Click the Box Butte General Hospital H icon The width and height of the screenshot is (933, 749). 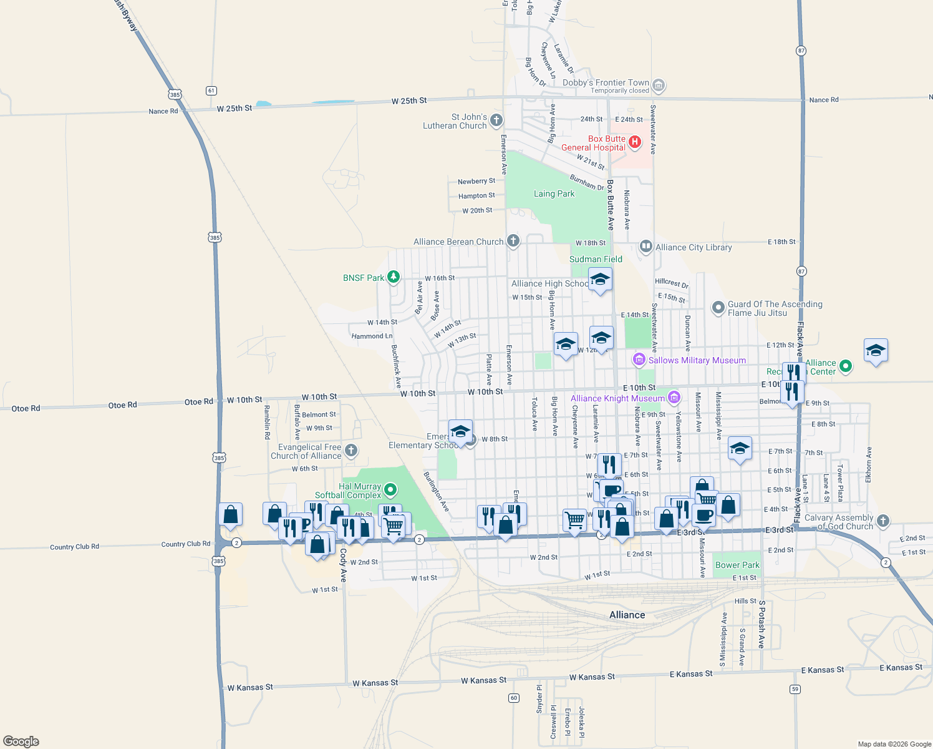(x=635, y=142)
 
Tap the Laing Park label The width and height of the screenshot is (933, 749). (x=554, y=194)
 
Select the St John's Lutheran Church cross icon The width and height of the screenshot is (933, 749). (x=496, y=120)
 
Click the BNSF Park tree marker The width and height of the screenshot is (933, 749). (x=394, y=277)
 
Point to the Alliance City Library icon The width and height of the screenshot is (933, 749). (x=646, y=247)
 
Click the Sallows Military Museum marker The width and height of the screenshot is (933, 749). (x=639, y=360)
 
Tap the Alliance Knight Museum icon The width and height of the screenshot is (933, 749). (x=674, y=398)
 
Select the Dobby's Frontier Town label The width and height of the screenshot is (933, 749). (x=606, y=82)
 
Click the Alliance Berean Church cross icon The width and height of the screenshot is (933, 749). (x=513, y=241)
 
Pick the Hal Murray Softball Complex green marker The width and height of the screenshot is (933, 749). (x=391, y=489)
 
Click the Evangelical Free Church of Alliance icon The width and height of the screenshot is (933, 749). (x=351, y=450)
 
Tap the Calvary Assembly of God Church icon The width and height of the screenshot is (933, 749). (x=882, y=521)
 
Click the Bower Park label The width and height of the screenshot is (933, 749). (x=737, y=565)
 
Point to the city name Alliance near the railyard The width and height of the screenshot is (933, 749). (x=627, y=615)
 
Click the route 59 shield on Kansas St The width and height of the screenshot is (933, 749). (x=795, y=689)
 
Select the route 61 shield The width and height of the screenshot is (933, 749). (x=211, y=91)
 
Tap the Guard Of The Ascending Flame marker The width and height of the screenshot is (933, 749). (x=718, y=308)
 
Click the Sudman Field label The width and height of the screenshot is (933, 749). (x=596, y=259)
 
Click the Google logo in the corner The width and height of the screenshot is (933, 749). (x=21, y=742)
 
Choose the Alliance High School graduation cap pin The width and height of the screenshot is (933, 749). (x=600, y=280)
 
